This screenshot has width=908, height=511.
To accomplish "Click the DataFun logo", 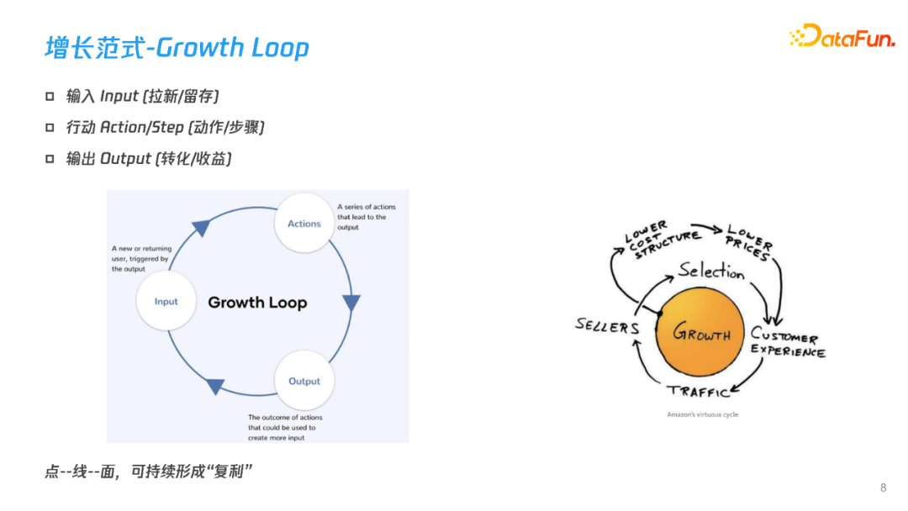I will [842, 36].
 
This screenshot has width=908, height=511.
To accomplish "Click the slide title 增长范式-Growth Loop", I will [177, 48].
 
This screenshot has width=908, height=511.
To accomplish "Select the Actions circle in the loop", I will [304, 224].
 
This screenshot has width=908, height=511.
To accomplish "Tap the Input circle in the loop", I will [166, 301].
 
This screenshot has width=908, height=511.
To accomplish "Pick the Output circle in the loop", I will [304, 381].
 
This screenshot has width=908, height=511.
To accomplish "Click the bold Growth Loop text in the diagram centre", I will [257, 303].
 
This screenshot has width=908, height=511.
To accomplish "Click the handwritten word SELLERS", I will [607, 325].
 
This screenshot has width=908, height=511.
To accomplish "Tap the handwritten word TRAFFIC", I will [698, 392].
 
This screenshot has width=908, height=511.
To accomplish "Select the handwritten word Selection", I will [711, 271].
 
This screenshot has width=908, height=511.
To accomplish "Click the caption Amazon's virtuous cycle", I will [702, 414].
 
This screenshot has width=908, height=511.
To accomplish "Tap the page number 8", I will [883, 487].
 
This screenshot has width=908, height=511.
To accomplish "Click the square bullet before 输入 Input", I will [50, 97].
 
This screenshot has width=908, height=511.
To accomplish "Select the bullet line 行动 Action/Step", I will [166, 128].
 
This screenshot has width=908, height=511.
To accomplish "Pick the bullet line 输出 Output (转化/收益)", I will [149, 159].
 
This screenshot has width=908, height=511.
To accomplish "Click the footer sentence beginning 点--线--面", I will [148, 471].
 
